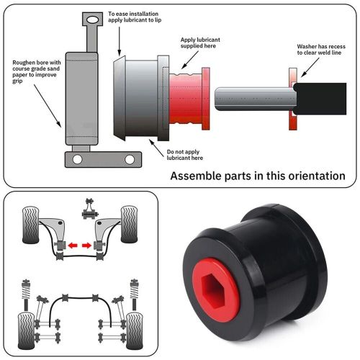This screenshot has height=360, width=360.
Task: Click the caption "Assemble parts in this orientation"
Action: click(x=257, y=176)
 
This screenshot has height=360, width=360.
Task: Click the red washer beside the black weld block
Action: click(x=292, y=99)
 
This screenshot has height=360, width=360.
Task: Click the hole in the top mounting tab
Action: click(x=91, y=19)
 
